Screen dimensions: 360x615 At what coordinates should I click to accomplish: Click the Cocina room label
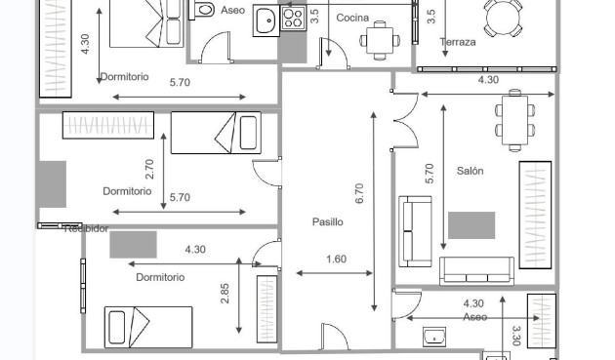pos(352,18)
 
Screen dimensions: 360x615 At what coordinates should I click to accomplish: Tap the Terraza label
pos(458,42)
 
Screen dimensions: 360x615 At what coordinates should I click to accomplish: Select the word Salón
pos(471,171)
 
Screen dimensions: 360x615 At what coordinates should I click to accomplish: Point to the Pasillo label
pos(328,221)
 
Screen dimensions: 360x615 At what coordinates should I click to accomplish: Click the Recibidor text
pos(86,229)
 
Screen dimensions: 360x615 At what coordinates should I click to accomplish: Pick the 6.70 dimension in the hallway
pos(360,194)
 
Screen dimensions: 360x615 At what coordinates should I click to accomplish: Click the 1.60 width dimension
pos(335,259)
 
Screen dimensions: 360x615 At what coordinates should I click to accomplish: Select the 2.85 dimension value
pos(225,294)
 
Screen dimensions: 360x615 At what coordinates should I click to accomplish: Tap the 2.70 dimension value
pos(149,169)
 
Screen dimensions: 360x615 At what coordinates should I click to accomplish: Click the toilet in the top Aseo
pos(204,9)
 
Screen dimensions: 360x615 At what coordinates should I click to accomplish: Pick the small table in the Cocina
pos(380,40)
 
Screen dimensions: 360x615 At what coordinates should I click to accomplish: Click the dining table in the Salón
pos(514,119)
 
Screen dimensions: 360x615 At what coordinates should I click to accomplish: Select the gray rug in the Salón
pos(471,225)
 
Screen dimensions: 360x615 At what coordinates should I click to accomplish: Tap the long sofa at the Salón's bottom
pos(476,269)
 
